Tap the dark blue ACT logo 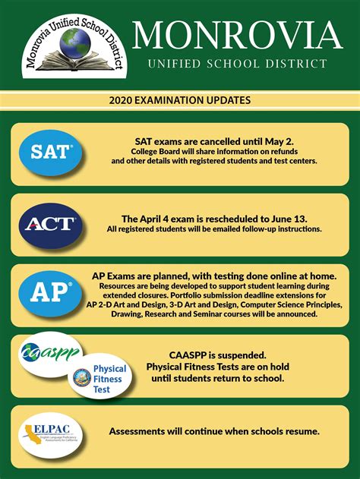pos(49,223)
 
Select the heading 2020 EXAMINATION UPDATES pos(179,99)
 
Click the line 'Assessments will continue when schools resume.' pos(214,431)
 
